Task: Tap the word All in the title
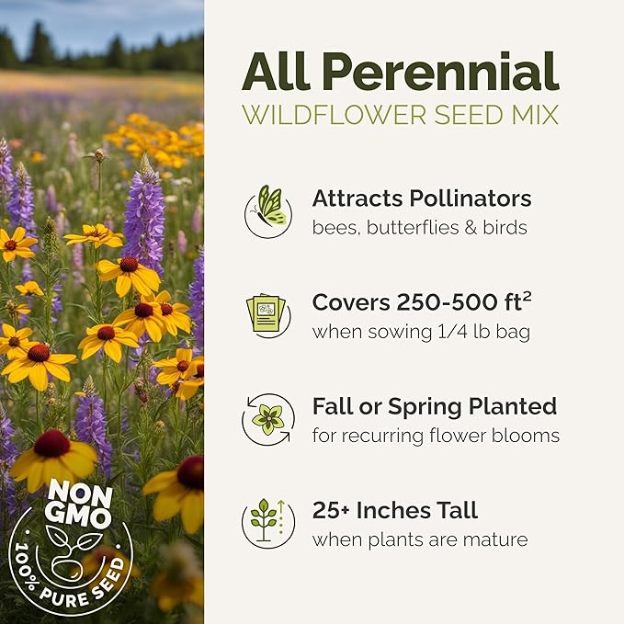tap(272, 71)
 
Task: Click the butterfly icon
tap(268, 210)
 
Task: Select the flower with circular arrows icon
tap(268, 419)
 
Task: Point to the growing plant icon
tap(267, 522)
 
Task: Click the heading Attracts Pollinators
tap(421, 199)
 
